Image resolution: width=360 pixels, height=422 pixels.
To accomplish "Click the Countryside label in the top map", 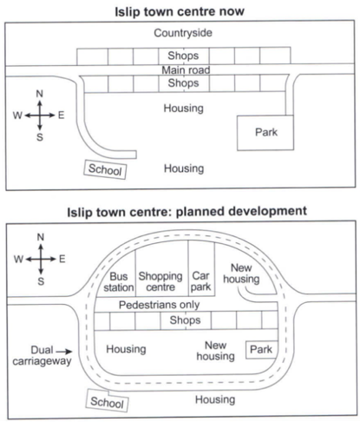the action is coord(183,33).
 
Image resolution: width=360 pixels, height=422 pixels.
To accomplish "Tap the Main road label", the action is coord(186,70).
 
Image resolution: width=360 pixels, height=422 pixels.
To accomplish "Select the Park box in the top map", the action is coord(265,133).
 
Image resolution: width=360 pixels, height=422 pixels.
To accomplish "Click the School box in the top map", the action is coord(105,169).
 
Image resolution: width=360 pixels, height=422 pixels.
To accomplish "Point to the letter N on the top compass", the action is coord(40,94).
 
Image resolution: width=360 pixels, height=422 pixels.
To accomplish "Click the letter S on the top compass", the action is coord(40,137).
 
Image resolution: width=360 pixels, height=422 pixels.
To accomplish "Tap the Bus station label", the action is coord(119,282).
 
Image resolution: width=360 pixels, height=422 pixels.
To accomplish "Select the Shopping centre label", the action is coord(160,281).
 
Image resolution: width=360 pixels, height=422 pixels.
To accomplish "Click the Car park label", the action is coord(200,281).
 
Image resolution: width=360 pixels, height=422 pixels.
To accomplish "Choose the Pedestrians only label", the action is coord(160,305).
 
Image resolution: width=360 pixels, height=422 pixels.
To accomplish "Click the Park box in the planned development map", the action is coord(261,350).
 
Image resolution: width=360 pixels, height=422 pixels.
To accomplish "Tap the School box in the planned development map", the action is coord(108,401).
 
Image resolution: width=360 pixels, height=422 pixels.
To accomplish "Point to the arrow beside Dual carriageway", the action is coord(64,352).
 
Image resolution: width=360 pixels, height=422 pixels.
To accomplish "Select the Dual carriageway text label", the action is coord(42,356).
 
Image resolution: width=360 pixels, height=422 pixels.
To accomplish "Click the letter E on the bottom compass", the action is coord(62,259).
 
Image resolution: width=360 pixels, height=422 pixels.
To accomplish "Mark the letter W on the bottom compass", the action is coord(18,259).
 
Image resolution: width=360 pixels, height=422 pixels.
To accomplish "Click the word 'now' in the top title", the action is coord(232,12).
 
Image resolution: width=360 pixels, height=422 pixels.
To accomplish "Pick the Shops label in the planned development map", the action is coord(185,320).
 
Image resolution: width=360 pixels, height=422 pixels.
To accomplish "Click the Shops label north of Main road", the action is coord(183,56).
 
